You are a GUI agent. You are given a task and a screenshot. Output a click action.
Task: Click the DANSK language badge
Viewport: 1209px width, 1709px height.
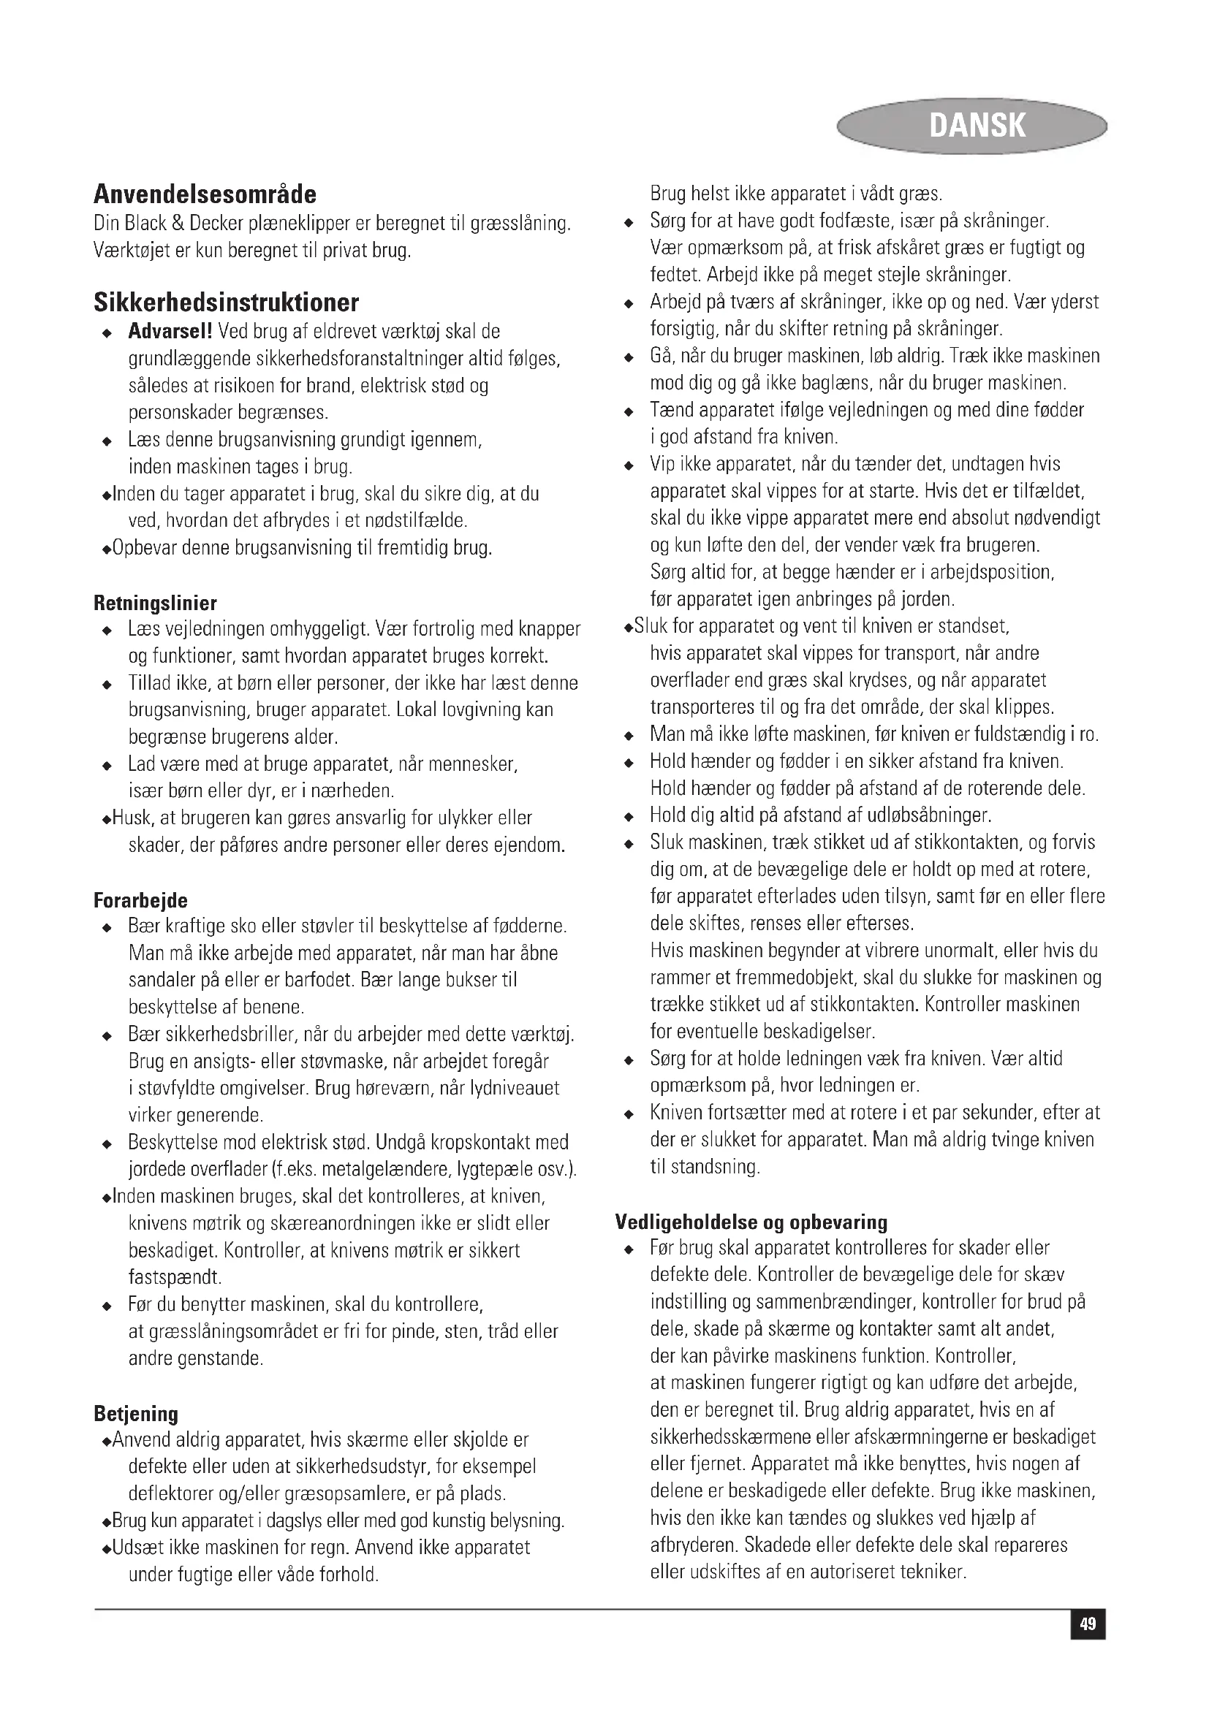coord(976,125)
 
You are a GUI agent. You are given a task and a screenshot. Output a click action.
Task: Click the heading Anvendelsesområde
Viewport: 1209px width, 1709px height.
coord(205,194)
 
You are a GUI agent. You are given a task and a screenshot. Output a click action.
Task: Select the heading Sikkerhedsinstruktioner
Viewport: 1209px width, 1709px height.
coord(227,302)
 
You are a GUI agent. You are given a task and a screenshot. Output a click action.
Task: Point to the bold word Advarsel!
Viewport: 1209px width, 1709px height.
coord(171,331)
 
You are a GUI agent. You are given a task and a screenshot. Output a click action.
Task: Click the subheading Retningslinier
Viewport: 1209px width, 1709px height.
coord(156,602)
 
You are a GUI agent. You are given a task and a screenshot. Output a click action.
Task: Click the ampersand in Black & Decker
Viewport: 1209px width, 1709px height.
coord(178,224)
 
